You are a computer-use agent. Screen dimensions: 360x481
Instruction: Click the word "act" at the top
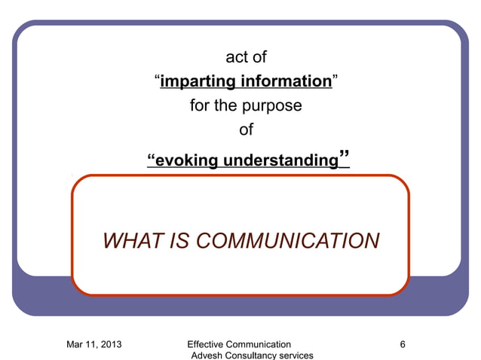(x=235, y=56)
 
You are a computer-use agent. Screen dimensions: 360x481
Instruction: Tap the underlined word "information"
(x=286, y=81)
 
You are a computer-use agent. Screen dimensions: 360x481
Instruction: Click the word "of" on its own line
(x=246, y=130)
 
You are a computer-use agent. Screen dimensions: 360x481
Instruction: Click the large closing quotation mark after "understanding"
(x=344, y=157)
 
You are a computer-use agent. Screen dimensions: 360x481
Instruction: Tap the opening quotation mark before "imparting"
(x=156, y=78)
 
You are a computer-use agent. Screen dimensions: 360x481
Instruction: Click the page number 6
(x=403, y=344)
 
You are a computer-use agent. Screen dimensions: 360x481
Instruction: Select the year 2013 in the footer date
(x=111, y=344)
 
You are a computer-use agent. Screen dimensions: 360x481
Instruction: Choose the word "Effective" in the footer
(x=209, y=344)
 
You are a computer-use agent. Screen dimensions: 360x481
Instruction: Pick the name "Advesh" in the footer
(x=208, y=355)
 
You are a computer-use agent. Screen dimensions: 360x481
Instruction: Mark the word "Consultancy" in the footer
(x=253, y=355)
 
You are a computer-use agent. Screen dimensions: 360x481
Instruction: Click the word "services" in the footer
(x=298, y=355)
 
